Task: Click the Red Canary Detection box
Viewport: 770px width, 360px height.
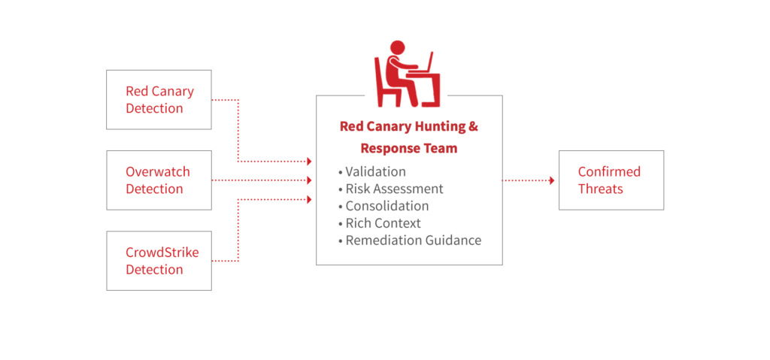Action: tap(159, 100)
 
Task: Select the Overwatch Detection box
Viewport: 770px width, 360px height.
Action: tap(159, 180)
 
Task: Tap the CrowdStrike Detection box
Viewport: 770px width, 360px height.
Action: tap(159, 261)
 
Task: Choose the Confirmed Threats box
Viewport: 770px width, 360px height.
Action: tap(611, 180)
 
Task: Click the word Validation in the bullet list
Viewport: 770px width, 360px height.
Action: tap(375, 171)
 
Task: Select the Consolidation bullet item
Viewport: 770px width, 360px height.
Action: tap(387, 206)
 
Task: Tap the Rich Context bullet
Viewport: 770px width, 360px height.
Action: tap(383, 223)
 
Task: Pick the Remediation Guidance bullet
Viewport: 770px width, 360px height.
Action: tap(413, 241)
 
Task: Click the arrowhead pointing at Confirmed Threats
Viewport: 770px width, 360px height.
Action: tap(552, 180)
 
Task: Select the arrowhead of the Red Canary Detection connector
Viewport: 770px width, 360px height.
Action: tap(309, 162)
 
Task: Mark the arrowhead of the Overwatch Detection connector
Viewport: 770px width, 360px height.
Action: tap(309, 180)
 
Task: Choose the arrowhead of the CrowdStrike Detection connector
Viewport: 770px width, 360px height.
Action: tap(309, 199)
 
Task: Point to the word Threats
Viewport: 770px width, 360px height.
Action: tap(600, 189)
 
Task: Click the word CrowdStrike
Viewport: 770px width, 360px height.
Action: tap(162, 253)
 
